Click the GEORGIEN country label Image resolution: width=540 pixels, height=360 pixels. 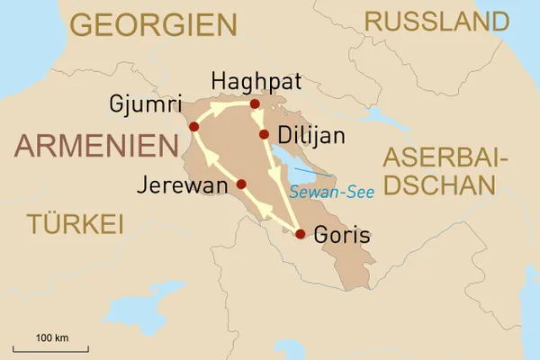pyautogui.click(x=153, y=24)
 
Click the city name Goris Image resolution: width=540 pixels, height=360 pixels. pyautogui.click(x=343, y=237)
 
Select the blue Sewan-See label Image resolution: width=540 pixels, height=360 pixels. pyautogui.click(x=332, y=192)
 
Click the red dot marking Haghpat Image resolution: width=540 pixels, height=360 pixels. pyautogui.click(x=255, y=104)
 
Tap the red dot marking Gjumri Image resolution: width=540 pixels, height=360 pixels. pyautogui.click(x=194, y=126)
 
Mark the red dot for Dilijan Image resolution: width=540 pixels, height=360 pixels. pyautogui.click(x=264, y=135)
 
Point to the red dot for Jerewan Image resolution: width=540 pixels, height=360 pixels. pyautogui.click(x=241, y=184)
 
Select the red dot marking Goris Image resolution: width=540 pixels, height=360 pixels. pyautogui.click(x=301, y=235)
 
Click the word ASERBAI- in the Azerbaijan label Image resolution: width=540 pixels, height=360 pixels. pyautogui.click(x=445, y=159)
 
